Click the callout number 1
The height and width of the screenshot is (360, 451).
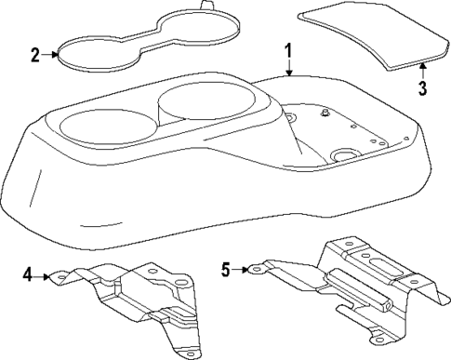[x=288, y=50]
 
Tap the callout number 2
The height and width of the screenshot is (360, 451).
[x=34, y=55]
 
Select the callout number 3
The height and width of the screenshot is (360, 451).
[x=421, y=89]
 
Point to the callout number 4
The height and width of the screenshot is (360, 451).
[x=28, y=274]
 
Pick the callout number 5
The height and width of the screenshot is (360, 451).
[x=225, y=270]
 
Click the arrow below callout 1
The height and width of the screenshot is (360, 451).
[x=288, y=68]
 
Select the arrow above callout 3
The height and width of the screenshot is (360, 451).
[x=421, y=69]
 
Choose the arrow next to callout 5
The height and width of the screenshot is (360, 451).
[x=243, y=270]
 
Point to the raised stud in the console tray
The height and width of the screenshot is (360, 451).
[x=325, y=113]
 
